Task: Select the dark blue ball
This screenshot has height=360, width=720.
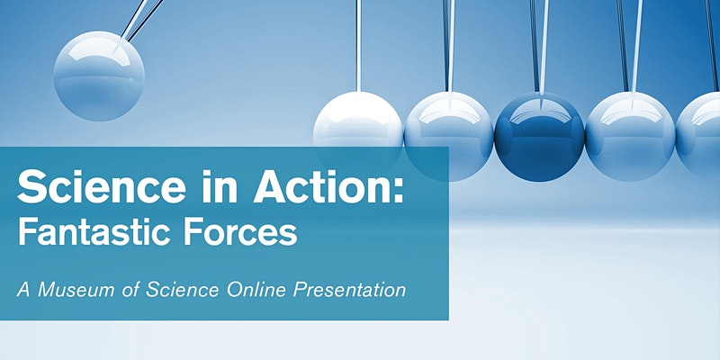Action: [x=539, y=135]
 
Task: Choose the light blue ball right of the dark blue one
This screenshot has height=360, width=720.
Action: [x=629, y=135]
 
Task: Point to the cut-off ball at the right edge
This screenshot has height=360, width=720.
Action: [x=702, y=135]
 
